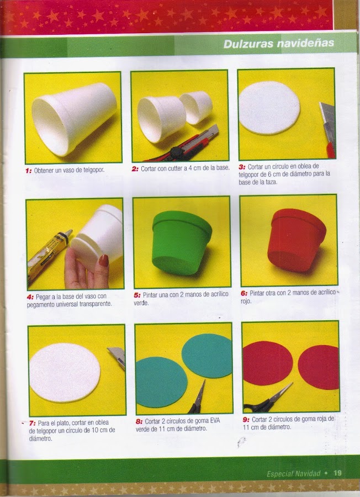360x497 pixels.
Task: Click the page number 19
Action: [337, 473]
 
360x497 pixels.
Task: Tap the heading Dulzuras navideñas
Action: [279, 44]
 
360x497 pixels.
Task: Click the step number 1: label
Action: [29, 171]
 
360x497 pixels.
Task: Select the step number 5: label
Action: [137, 295]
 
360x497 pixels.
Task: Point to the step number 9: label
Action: [246, 419]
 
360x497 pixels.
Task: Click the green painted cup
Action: [182, 242]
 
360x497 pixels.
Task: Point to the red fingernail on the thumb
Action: [104, 260]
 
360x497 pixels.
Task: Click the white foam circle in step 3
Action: [269, 108]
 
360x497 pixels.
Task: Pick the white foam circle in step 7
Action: [65, 372]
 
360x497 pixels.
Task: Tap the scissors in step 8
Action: [198, 398]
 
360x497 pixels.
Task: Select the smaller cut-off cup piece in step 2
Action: [197, 107]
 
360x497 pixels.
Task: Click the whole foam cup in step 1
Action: [74, 119]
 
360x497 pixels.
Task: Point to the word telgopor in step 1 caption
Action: [93, 170]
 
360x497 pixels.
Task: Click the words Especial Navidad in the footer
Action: [293, 474]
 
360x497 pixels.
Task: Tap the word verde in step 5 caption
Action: [141, 303]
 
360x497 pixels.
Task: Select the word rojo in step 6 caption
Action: [246, 301]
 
